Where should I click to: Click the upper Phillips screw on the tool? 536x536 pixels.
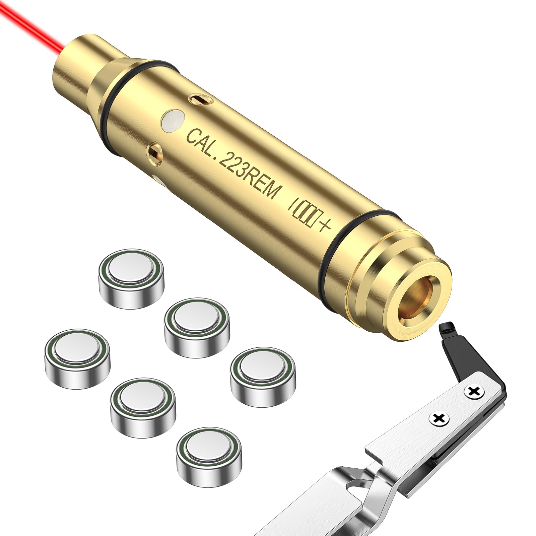pyautogui.click(x=473, y=391)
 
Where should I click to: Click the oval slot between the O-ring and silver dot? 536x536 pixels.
pyautogui.click(x=200, y=99)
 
